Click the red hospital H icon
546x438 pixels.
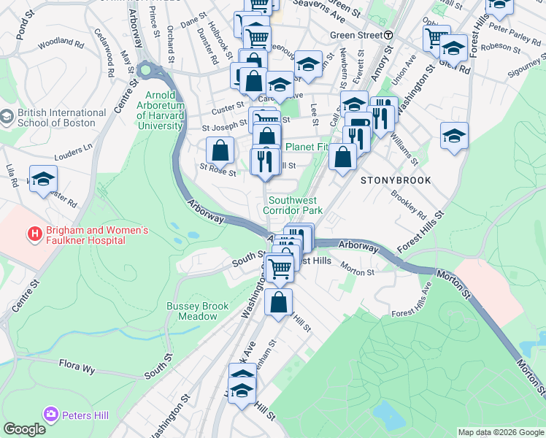click(x=34, y=235)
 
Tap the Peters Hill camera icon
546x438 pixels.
click(x=50, y=415)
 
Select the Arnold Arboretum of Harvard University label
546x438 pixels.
click(x=160, y=110)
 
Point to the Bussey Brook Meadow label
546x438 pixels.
click(x=197, y=312)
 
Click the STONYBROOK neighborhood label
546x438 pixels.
click(x=395, y=180)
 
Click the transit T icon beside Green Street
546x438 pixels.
click(x=389, y=35)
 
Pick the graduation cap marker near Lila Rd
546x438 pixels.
click(x=43, y=177)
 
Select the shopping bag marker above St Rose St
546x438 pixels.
click(x=220, y=150)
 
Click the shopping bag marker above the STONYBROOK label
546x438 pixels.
click(x=342, y=155)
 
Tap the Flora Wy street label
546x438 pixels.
click(x=77, y=366)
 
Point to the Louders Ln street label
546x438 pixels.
click(x=74, y=151)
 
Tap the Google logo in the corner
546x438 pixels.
click(x=24, y=429)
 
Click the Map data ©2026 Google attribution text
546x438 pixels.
click(x=501, y=432)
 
